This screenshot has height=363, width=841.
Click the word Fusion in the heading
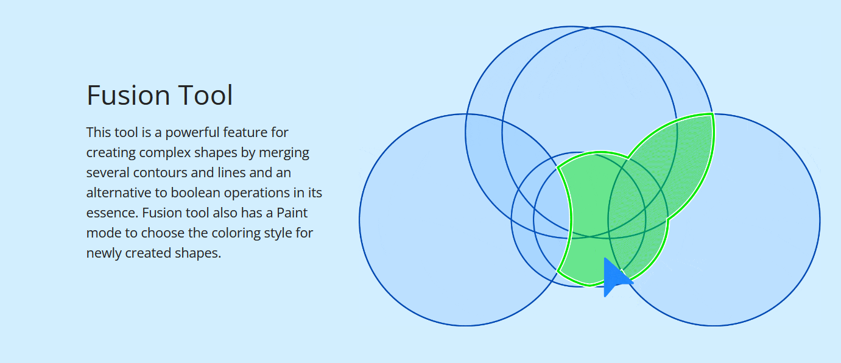(128, 95)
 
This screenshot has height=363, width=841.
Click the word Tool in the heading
(205, 95)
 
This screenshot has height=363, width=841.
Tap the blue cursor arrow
(616, 277)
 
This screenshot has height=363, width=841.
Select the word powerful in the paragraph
(192, 133)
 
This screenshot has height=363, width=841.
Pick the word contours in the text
(160, 173)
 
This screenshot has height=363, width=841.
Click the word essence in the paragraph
(112, 213)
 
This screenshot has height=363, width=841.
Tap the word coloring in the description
(224, 233)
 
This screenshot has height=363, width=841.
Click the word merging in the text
(284, 153)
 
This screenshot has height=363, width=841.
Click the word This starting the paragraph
(99, 133)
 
